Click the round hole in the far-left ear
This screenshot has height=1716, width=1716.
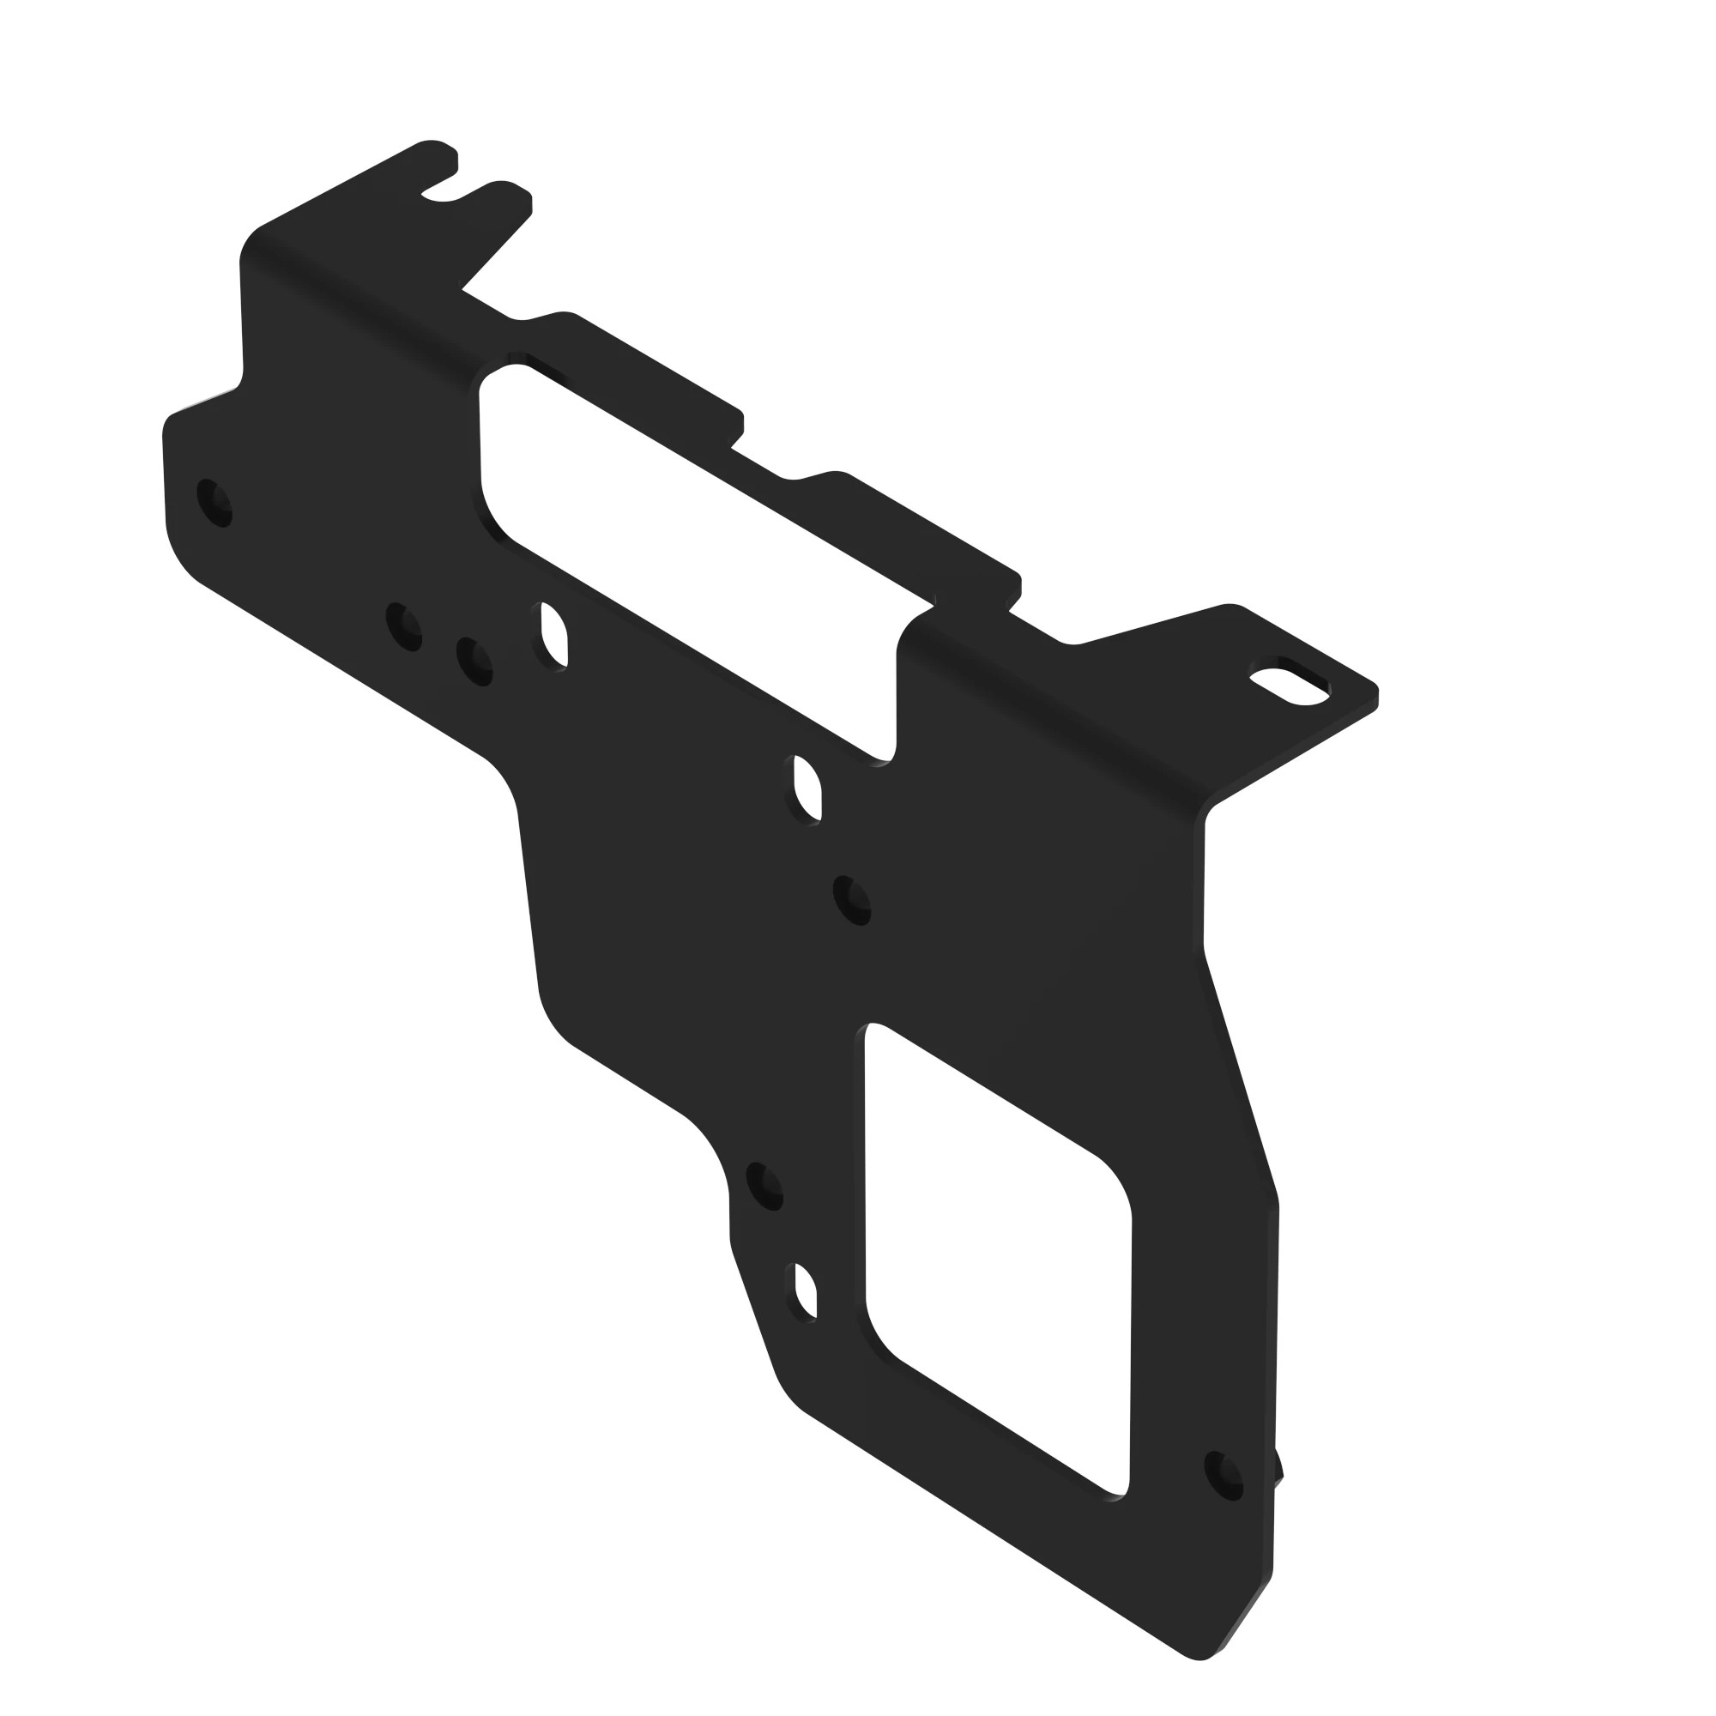point(214,503)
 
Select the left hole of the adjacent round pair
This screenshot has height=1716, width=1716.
point(404,627)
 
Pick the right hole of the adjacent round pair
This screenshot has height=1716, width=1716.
point(474,662)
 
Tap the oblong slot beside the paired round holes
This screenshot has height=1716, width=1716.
point(554,636)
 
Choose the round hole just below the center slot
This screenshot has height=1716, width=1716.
point(853,901)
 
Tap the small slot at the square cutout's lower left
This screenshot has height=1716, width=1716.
point(805,1291)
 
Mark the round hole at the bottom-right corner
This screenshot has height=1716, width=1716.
point(1224,1476)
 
